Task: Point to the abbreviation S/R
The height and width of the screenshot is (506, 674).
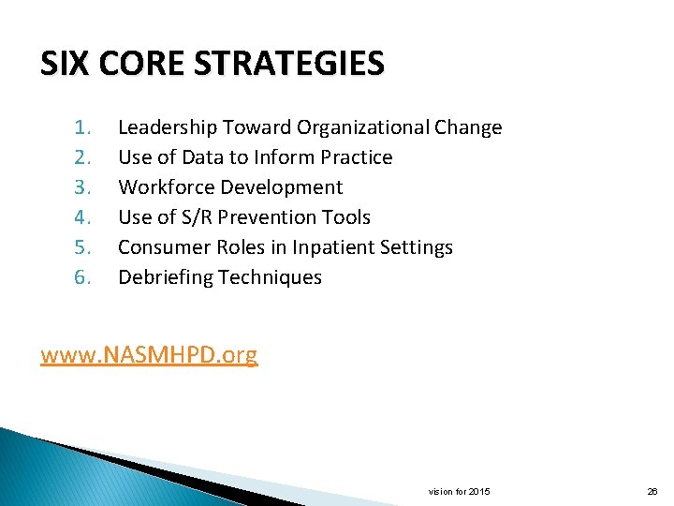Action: pyautogui.click(x=197, y=217)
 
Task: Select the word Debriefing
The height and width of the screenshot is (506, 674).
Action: pyautogui.click(x=166, y=277)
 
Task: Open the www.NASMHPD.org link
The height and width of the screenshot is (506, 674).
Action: pyautogui.click(x=149, y=355)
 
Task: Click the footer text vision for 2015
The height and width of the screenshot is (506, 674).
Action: pyautogui.click(x=459, y=491)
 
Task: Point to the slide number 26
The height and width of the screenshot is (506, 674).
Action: pyautogui.click(x=652, y=491)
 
